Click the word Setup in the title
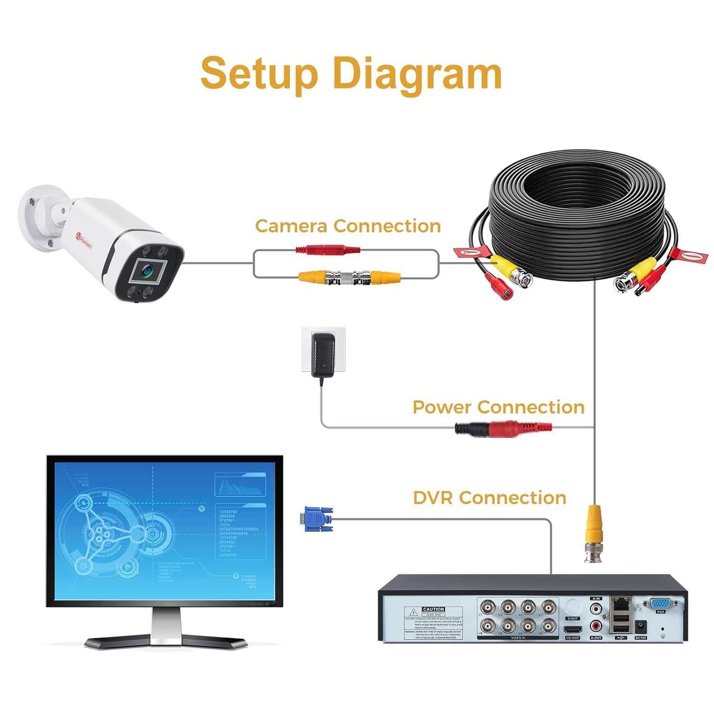(x=259, y=74)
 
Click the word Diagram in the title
(x=417, y=74)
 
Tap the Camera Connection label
(x=347, y=226)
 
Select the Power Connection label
(x=498, y=407)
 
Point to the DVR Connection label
(x=489, y=498)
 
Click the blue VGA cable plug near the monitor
(x=317, y=518)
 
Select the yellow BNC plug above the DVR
(x=593, y=533)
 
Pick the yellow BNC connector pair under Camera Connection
(x=349, y=277)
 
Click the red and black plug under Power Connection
(x=503, y=428)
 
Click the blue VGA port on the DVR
(x=660, y=604)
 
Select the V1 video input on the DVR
(x=548, y=607)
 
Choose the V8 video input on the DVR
(x=486, y=625)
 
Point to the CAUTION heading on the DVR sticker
(x=433, y=609)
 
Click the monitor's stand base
(x=166, y=641)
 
